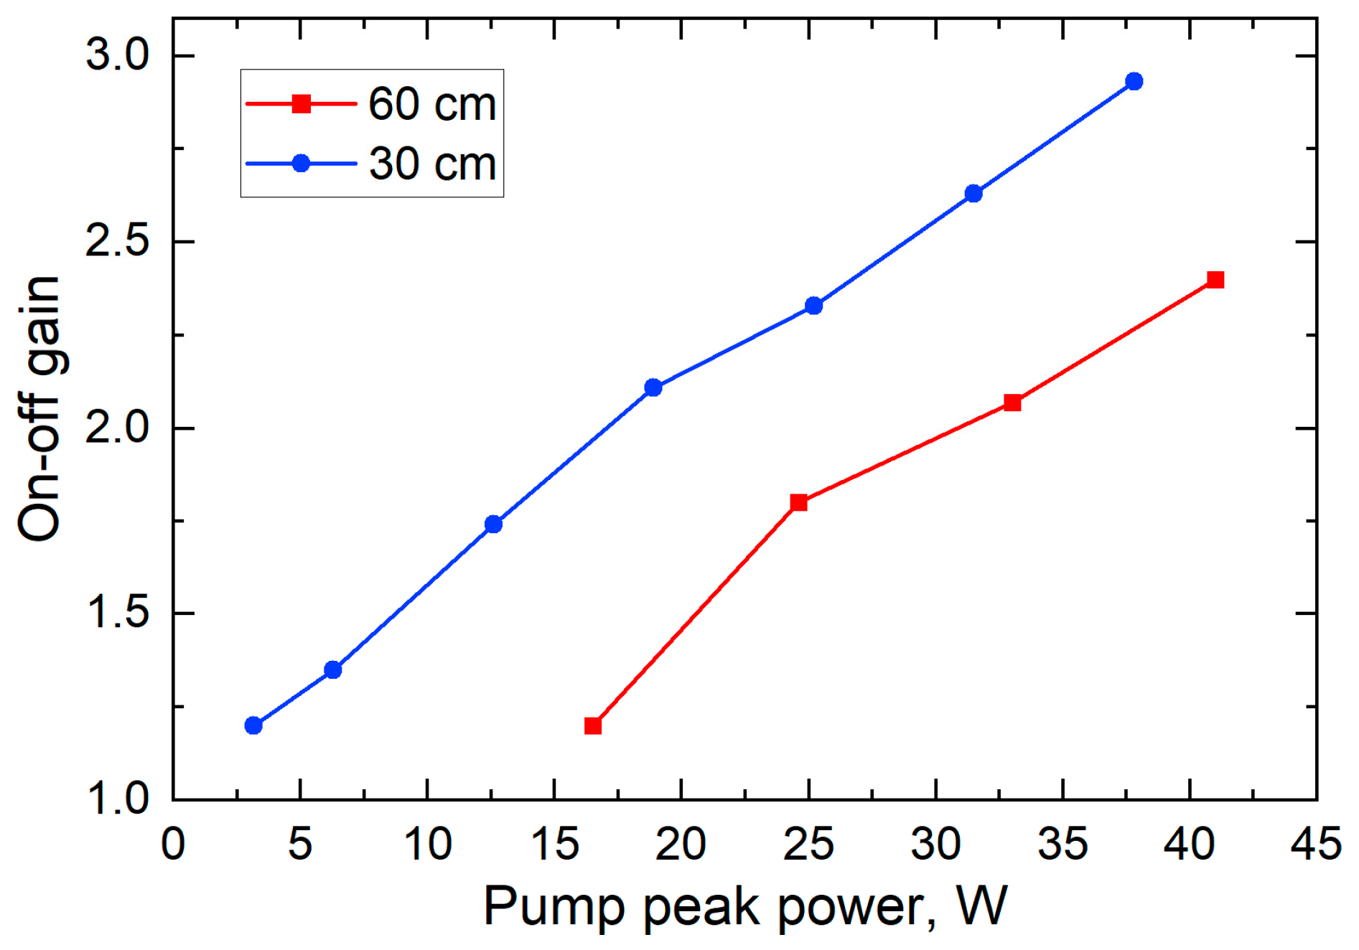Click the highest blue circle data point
(1134, 81)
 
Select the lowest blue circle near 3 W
(253, 725)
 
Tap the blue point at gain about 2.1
(653, 387)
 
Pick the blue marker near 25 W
(813, 306)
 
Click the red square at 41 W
(1215, 280)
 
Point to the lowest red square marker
(593, 726)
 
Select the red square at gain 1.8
(798, 502)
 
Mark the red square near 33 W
(1012, 403)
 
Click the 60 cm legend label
(432, 104)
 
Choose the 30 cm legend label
(432, 164)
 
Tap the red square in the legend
(302, 104)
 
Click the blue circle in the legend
(302, 164)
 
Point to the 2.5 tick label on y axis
(116, 243)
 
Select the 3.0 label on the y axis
(116, 55)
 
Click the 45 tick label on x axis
(1315, 844)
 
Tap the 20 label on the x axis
(681, 844)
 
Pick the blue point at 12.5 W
(493, 524)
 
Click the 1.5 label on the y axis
(116, 613)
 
